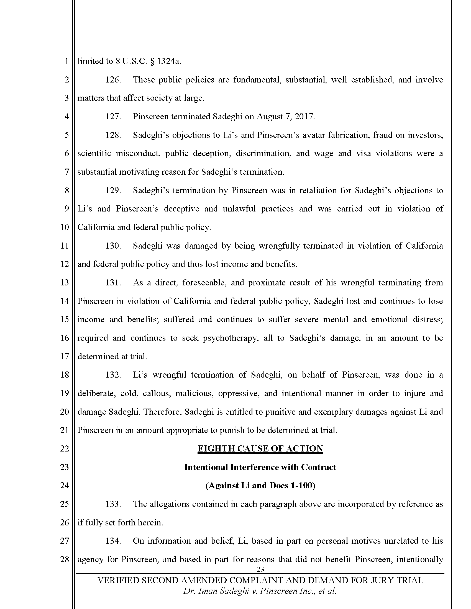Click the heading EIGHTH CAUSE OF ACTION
(x=260, y=449)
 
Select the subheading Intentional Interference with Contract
(x=260, y=467)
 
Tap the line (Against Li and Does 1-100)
(x=260, y=486)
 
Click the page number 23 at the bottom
(x=260, y=569)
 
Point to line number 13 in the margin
(x=65, y=282)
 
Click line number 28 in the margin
(x=65, y=559)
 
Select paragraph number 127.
(x=113, y=117)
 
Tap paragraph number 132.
(x=113, y=375)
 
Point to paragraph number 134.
(x=113, y=541)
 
